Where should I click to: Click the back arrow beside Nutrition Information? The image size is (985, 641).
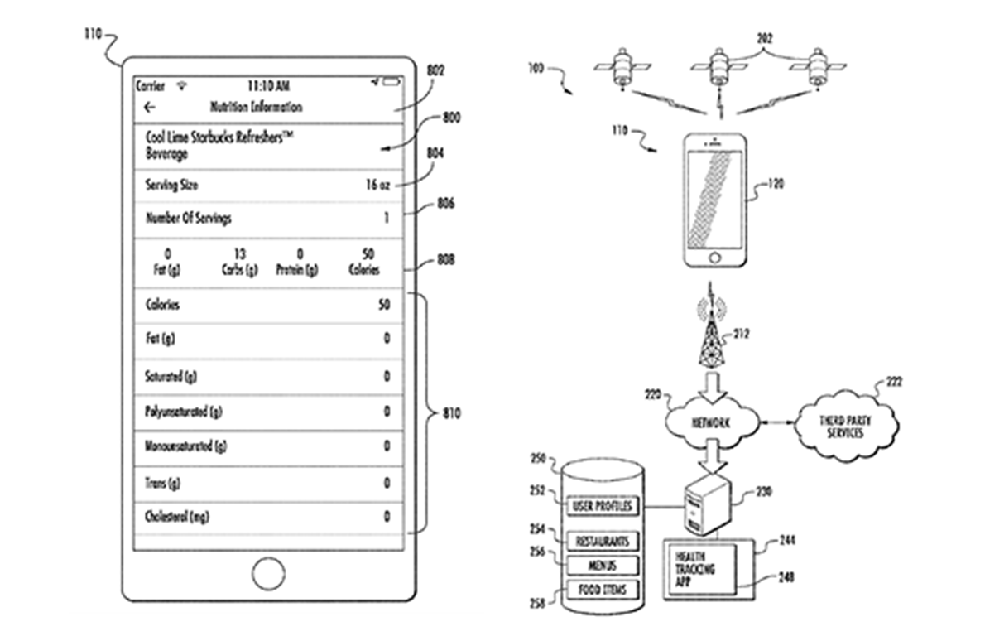point(150,108)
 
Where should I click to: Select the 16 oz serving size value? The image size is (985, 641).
point(377,186)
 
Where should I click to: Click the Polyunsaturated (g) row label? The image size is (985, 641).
point(184,411)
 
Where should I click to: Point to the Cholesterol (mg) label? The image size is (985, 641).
point(177,518)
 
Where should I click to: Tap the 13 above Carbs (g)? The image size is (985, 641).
point(240,254)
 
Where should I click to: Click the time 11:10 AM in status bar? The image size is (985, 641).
point(269,86)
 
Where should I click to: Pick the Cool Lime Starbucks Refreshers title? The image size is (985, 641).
point(220,140)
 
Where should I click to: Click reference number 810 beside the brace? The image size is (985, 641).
point(451,412)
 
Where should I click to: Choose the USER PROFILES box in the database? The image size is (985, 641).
point(603,505)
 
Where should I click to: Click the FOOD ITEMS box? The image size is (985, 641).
point(603,590)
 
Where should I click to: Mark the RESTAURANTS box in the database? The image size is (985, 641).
point(603,541)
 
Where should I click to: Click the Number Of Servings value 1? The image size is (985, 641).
point(386,219)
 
